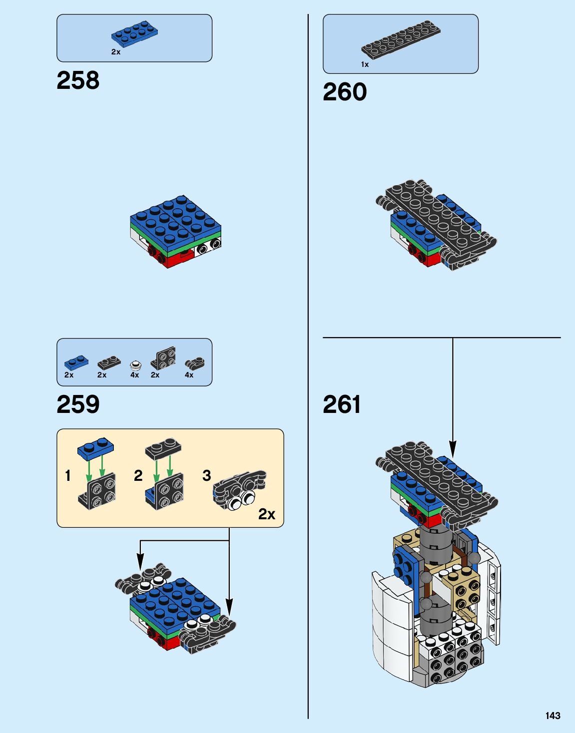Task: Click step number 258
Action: click(x=78, y=80)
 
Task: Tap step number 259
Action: click(x=78, y=404)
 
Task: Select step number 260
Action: click(x=345, y=92)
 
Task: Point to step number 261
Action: click(x=342, y=404)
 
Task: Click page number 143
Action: click(x=553, y=716)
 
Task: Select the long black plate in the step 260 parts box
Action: click(x=401, y=38)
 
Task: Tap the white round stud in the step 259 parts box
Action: click(x=135, y=364)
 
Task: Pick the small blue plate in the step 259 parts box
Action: click(x=76, y=362)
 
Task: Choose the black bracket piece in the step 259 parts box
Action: click(x=163, y=358)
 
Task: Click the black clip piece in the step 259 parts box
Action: click(x=194, y=363)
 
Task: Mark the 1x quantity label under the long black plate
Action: click(x=365, y=64)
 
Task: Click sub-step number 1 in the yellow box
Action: click(x=68, y=475)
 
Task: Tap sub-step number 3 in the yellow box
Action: click(x=206, y=475)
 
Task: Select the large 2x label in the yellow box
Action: click(x=266, y=514)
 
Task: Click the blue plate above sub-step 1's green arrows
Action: click(x=95, y=447)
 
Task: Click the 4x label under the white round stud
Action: click(x=134, y=375)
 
